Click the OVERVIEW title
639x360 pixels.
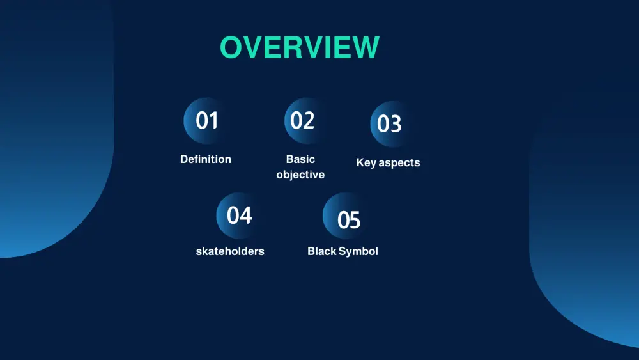point(300,48)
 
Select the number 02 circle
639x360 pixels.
point(305,121)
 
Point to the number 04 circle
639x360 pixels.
point(238,215)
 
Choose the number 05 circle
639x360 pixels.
point(346,218)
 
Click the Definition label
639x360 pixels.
point(206,159)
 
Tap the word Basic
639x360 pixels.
point(300,159)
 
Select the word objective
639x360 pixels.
point(300,175)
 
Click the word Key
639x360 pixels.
point(366,163)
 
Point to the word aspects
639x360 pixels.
point(399,163)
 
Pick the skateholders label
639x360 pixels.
point(230,251)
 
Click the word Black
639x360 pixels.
point(321,251)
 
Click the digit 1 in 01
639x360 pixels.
point(213,121)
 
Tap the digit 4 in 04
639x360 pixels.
point(245,216)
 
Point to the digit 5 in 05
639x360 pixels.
point(355,221)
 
